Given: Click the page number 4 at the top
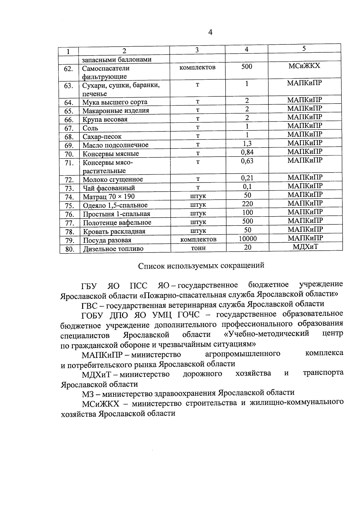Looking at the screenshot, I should tap(210, 32).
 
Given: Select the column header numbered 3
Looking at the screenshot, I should tap(197, 50).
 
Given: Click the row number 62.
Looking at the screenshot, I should tap(69, 69).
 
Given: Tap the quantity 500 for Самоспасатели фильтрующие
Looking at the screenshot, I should tap(247, 66).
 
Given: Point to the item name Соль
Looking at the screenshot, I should tap(91, 128).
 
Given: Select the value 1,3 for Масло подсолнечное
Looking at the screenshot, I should tap(247, 143).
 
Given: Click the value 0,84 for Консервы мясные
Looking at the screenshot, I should tap(247, 152).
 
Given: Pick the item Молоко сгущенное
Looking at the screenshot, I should tap(113, 180).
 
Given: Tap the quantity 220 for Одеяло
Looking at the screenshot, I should tap(247, 204).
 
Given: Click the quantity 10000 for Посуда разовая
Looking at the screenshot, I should tap(247, 238).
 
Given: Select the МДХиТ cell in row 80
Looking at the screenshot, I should tap(305, 247).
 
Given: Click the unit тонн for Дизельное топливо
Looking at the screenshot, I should tap(198, 248).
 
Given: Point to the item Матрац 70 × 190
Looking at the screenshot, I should tap(109, 197).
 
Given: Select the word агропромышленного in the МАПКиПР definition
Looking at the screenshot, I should tap(243, 354).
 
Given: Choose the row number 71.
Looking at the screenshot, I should tap(69, 163).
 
